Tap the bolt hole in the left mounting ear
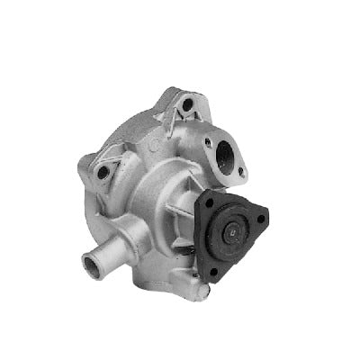point(103,171)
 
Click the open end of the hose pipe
point(91,265)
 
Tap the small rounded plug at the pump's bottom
point(203,289)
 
